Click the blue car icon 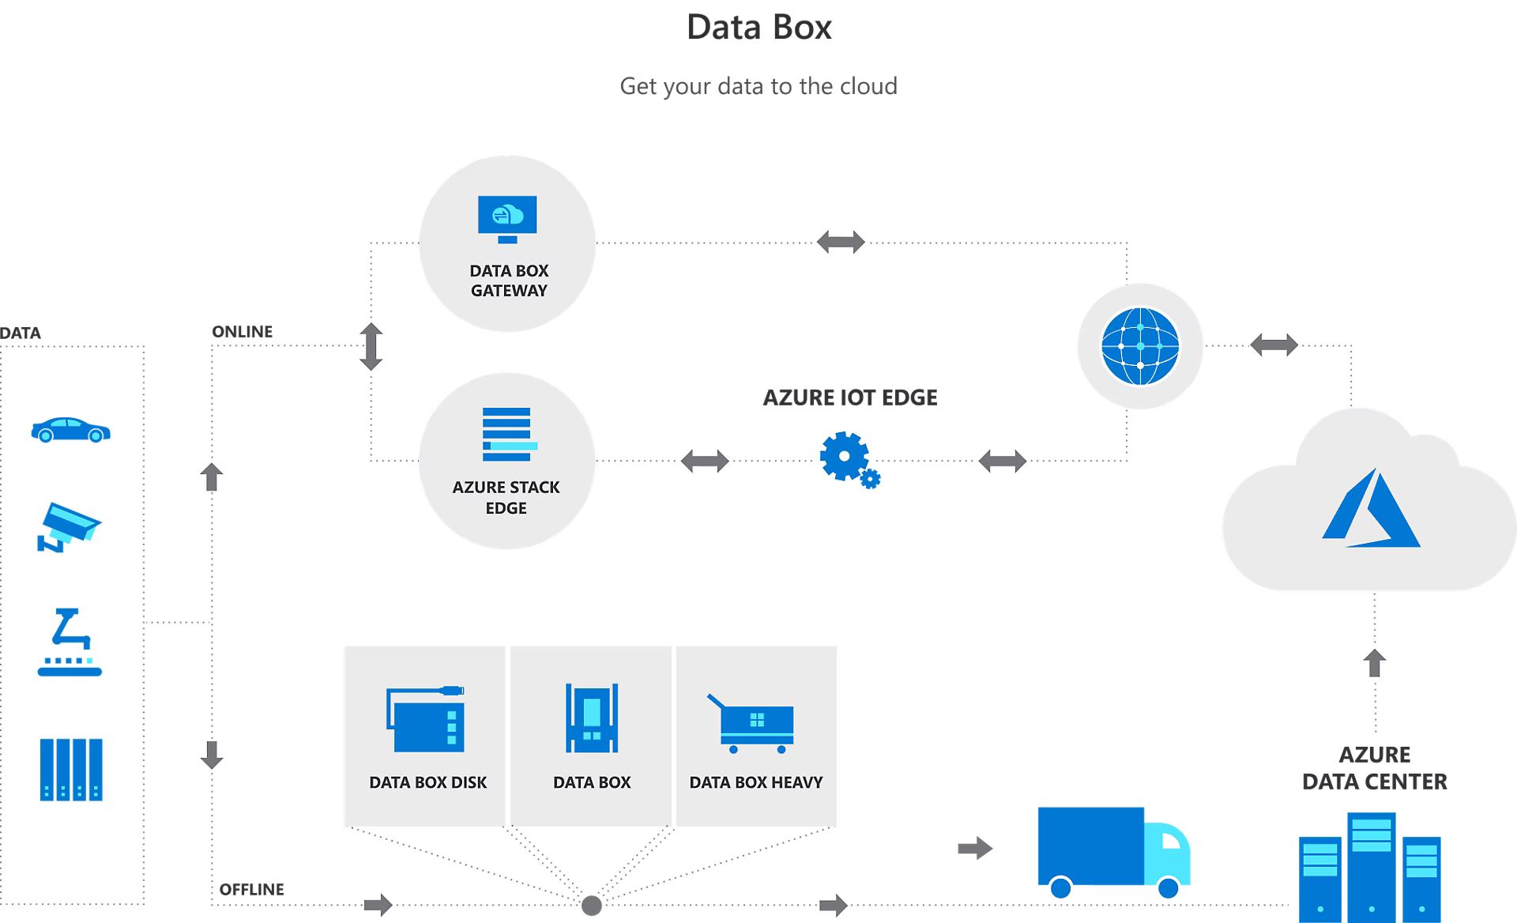coord(70,430)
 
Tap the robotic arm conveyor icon coord(70,642)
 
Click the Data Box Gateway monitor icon coord(507,219)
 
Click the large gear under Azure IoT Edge coord(845,456)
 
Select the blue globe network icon coord(1140,346)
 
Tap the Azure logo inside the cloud coord(1372,509)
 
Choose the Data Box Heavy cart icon coord(751,723)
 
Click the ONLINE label coord(242,332)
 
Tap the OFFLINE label coord(251,889)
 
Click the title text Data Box coord(758,28)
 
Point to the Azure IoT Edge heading coord(850,397)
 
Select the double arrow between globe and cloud coord(1274,345)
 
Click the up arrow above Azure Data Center coord(1375,663)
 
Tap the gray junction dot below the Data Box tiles coord(591,906)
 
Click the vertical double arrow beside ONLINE coord(371,346)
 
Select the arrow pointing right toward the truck coord(975,849)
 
